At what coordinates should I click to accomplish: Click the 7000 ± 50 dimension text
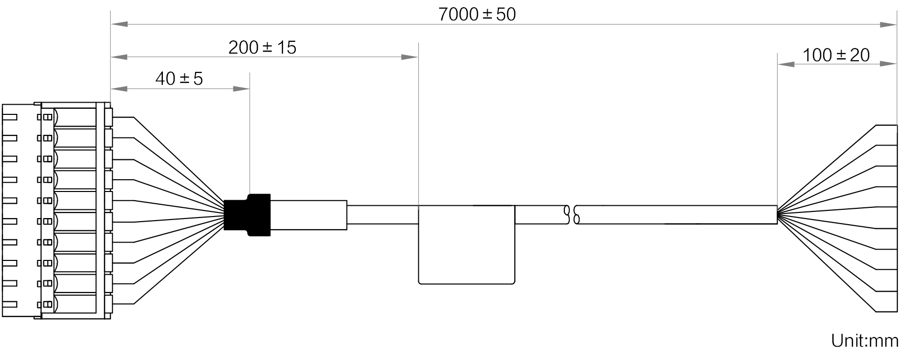point(477,14)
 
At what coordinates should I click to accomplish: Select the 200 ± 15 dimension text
point(262,47)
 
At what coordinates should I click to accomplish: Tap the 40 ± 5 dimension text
point(179,79)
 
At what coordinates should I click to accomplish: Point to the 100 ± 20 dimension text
point(836,55)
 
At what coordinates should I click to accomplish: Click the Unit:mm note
point(865,341)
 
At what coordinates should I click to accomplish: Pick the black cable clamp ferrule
point(247,215)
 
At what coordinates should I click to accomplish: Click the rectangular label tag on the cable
point(466,245)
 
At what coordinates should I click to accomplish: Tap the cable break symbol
point(571,215)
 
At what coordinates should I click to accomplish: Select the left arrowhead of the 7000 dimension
point(119,23)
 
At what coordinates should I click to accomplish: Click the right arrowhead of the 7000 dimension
point(888,23)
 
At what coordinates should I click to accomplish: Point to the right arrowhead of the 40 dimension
point(241,89)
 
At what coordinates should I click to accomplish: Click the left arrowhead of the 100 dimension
point(785,64)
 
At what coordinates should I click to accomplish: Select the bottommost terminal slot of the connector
point(75,305)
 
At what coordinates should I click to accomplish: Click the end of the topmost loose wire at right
point(896,125)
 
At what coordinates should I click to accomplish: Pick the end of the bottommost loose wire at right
point(896,311)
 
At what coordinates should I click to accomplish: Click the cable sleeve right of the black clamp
point(309,215)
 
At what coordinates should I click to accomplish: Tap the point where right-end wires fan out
point(777,215)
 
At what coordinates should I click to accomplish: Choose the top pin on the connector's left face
point(10,117)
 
